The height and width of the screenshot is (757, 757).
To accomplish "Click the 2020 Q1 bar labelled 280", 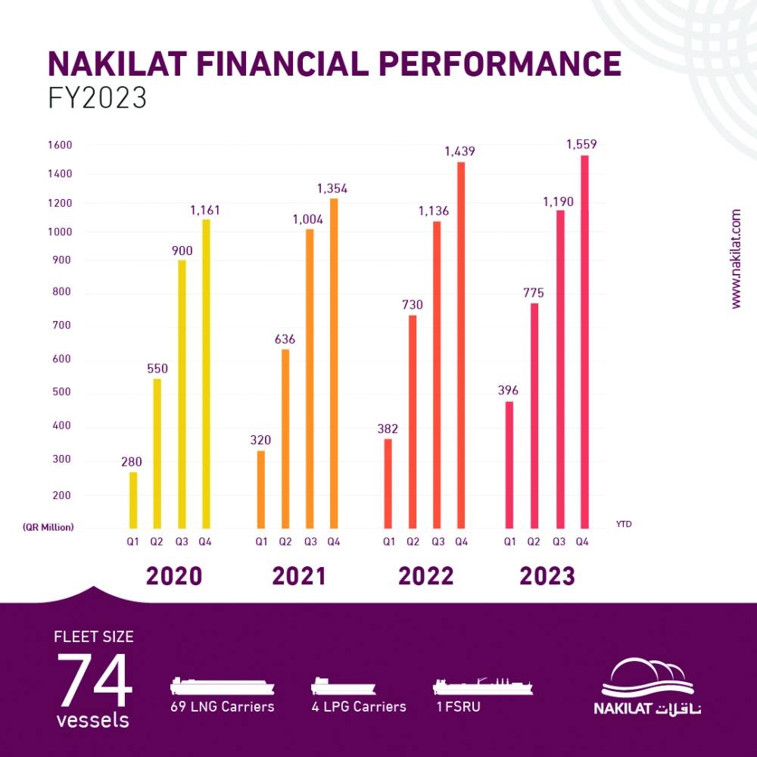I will [133, 500].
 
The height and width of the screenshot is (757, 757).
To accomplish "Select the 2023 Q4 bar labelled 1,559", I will [584, 341].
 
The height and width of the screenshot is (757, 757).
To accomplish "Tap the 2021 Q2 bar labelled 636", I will [285, 438].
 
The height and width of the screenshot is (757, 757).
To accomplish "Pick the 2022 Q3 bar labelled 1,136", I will [437, 375].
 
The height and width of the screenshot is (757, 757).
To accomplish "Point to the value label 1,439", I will [459, 151].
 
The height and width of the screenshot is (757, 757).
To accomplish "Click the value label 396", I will [509, 391].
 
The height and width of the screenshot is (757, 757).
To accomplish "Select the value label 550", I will [157, 369].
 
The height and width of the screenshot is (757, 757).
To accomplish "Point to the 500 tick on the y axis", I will [61, 392].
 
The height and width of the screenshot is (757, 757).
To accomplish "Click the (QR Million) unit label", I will [48, 527].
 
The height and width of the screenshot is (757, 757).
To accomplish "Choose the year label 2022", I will [425, 576].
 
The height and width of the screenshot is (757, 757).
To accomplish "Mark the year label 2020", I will [174, 576].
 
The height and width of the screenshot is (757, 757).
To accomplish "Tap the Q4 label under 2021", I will [334, 541].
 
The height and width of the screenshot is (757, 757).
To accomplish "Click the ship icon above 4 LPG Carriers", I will [343, 687].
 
